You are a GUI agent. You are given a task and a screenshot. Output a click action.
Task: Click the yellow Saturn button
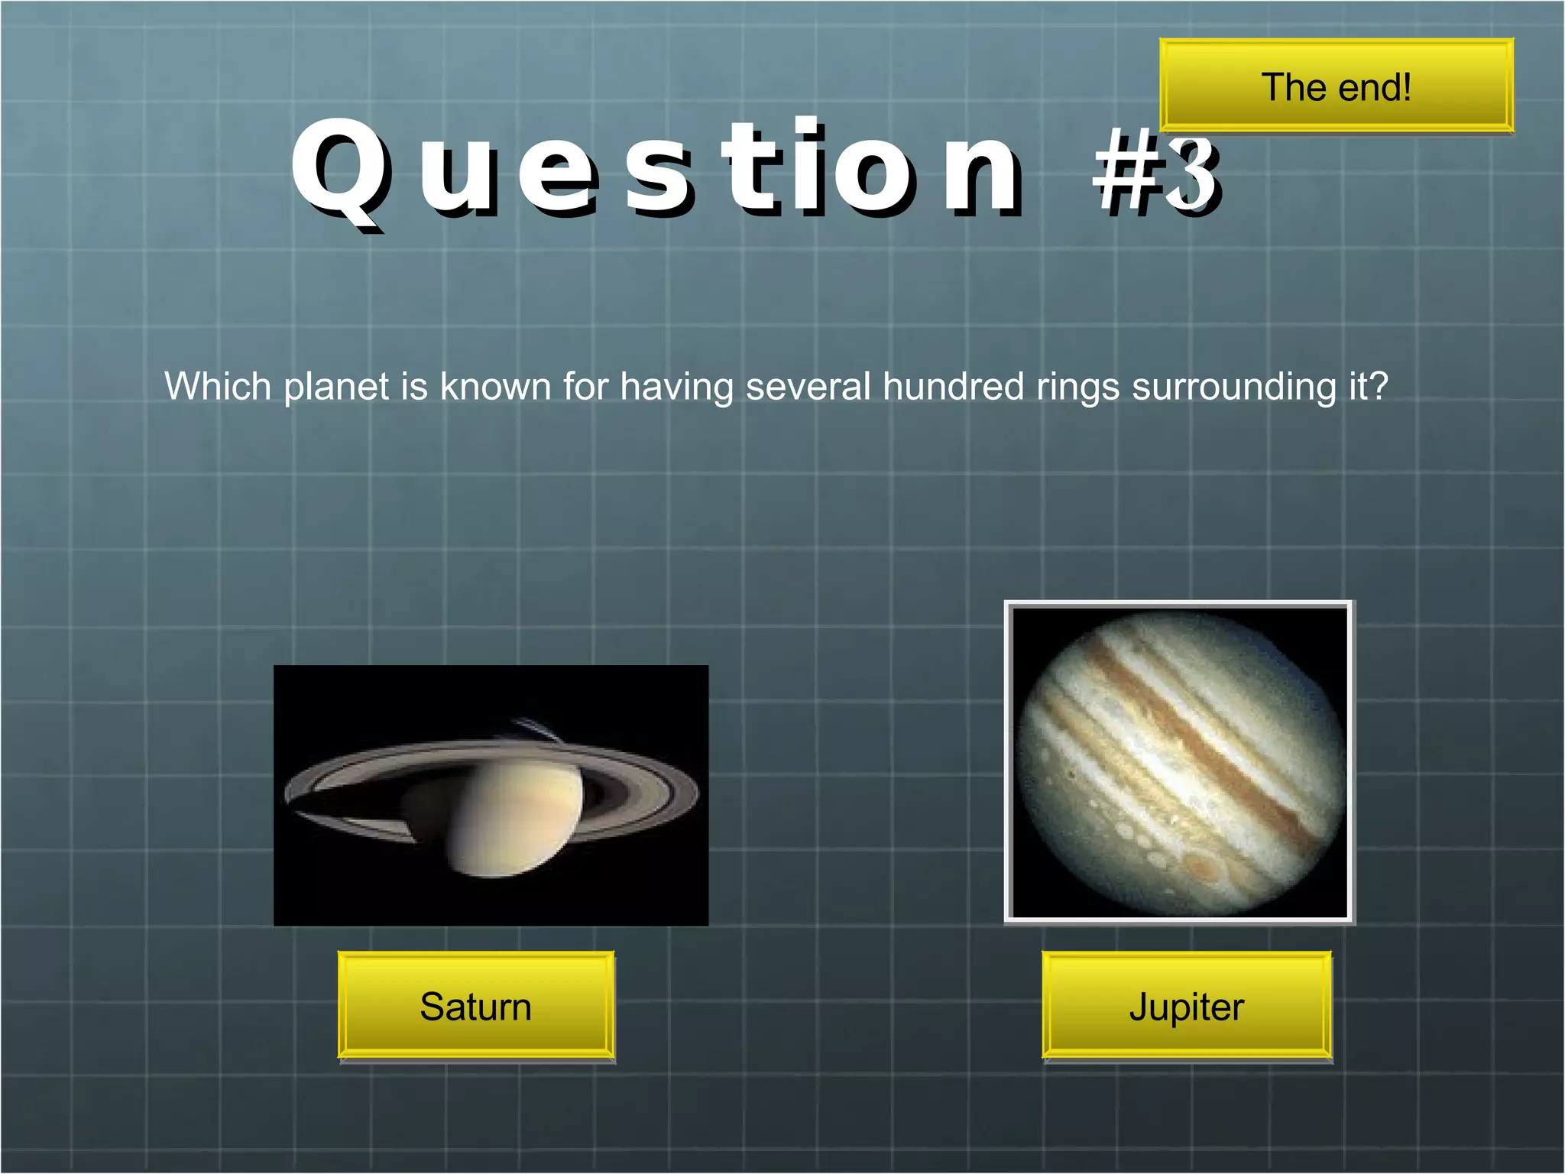point(475,1006)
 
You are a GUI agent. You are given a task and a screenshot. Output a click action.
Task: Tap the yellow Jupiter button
point(1186,1006)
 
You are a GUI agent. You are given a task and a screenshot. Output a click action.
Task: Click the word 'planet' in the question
point(336,388)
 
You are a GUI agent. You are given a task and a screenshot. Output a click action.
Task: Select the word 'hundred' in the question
point(953,386)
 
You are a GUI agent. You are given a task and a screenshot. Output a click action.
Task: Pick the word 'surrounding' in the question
point(1234,388)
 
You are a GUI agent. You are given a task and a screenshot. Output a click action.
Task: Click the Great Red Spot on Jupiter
point(1204,868)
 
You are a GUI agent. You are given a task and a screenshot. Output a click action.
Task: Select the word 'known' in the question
point(495,386)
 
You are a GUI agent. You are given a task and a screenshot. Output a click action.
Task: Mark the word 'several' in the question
point(808,386)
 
